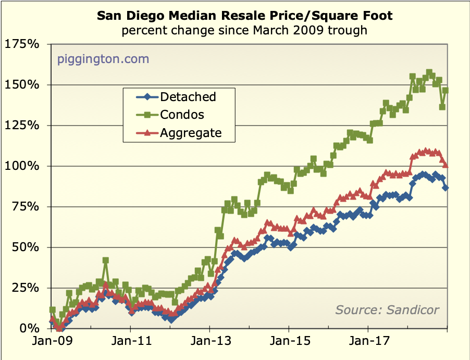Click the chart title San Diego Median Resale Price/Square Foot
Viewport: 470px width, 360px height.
click(245, 16)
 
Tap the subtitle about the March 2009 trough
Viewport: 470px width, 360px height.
click(244, 30)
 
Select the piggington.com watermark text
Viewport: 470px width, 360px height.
click(103, 59)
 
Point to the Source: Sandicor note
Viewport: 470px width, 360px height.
click(387, 310)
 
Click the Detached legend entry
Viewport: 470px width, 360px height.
click(188, 96)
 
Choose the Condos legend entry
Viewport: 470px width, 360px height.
click(182, 115)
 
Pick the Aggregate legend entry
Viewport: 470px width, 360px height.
click(191, 133)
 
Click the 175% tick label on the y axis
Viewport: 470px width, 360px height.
click(22, 44)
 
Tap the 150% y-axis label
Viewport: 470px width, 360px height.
click(22, 84)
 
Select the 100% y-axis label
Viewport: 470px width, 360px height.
click(22, 166)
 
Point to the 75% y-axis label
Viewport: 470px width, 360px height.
click(25, 206)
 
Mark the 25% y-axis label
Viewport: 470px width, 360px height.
click(25, 288)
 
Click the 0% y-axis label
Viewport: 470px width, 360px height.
click(29, 328)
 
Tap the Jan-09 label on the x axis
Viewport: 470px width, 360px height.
click(51, 343)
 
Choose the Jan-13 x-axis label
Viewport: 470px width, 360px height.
click(209, 343)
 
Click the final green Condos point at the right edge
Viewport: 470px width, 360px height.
click(446, 91)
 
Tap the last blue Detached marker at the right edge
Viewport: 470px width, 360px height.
click(446, 188)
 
